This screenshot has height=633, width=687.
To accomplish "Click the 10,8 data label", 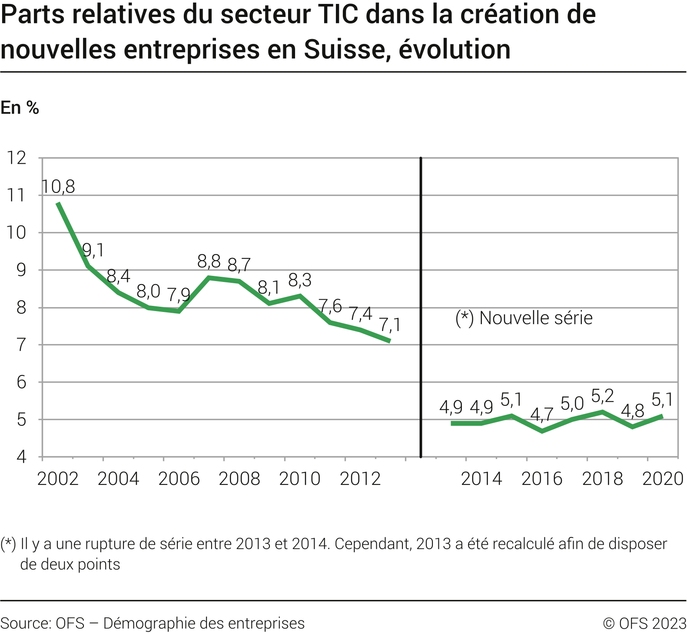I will [x=59, y=187].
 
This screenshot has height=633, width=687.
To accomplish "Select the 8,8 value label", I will [x=209, y=262].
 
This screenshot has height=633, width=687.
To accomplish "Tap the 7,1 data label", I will [x=390, y=325].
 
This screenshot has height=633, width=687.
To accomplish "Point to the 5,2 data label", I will [x=603, y=396].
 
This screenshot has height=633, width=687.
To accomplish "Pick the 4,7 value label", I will [x=542, y=414].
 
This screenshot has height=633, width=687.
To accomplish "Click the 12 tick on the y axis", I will [x=17, y=158].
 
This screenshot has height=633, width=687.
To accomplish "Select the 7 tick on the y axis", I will [x=21, y=345].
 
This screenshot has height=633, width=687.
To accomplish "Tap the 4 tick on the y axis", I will [x=21, y=457].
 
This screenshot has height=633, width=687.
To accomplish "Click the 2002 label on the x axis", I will [x=58, y=479].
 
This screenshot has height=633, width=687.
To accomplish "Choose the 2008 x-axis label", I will [x=239, y=479].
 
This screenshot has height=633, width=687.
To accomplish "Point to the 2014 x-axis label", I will [x=481, y=479].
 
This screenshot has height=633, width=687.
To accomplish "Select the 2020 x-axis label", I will [x=663, y=479].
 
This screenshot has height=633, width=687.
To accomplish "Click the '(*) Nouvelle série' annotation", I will [x=524, y=318].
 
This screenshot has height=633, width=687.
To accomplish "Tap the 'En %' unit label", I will [x=20, y=108].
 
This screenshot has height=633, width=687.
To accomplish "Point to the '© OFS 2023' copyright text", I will [x=644, y=623].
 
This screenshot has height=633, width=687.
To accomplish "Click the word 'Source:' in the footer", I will [x=25, y=623].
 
